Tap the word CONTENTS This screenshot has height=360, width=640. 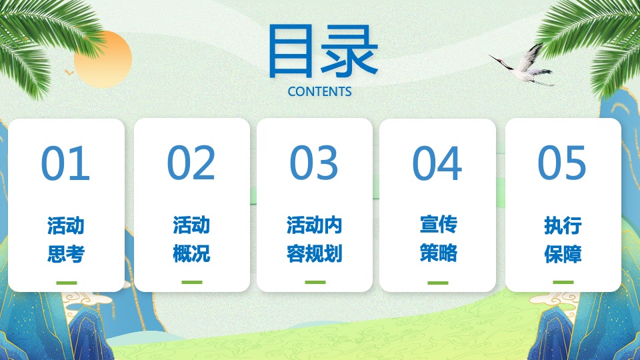pyautogui.click(x=319, y=91)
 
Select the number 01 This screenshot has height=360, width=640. pyautogui.click(x=65, y=163)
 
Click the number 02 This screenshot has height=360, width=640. pyautogui.click(x=191, y=163)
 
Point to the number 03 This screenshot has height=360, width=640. pyautogui.click(x=314, y=163)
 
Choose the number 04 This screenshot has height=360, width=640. pyautogui.click(x=437, y=163)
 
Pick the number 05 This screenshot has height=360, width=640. pyautogui.click(x=562, y=163)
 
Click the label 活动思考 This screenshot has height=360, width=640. pyautogui.click(x=66, y=239)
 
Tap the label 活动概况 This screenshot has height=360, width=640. pyautogui.click(x=191, y=239)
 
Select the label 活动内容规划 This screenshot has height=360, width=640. pyautogui.click(x=315, y=239)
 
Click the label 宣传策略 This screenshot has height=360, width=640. pyautogui.click(x=438, y=239)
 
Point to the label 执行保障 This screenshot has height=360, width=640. pyautogui.click(x=563, y=239)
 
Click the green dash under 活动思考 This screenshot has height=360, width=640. pyautogui.click(x=67, y=283)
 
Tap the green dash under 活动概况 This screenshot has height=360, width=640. pyautogui.click(x=191, y=283)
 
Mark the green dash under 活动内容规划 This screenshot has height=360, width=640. pyautogui.click(x=315, y=283)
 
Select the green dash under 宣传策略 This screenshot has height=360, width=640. pyautogui.click(x=438, y=283)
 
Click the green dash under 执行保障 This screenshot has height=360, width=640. pyautogui.click(x=563, y=283)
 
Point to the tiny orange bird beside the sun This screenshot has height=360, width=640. pyautogui.click(x=69, y=71)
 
